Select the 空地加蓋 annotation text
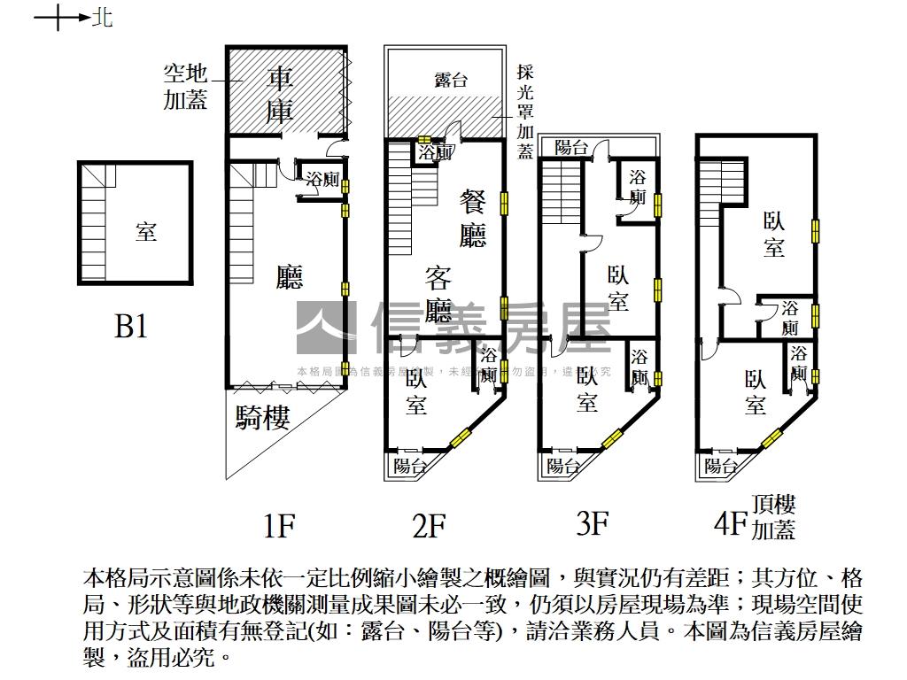[x=185, y=86]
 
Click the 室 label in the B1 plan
[x=146, y=232]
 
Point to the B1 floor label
[x=131, y=327]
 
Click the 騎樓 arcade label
[x=262, y=417]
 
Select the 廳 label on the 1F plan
[x=290, y=277]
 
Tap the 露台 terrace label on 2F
[x=451, y=80]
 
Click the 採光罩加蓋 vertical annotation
[x=525, y=112]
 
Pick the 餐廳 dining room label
[x=472, y=218]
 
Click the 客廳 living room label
[x=438, y=294]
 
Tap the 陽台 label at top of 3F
[x=571, y=148]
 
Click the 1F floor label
[x=278, y=527]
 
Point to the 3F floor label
[x=592, y=524]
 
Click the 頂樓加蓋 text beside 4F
[x=773, y=517]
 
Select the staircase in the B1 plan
[x=94, y=232]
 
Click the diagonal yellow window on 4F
[x=771, y=437]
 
